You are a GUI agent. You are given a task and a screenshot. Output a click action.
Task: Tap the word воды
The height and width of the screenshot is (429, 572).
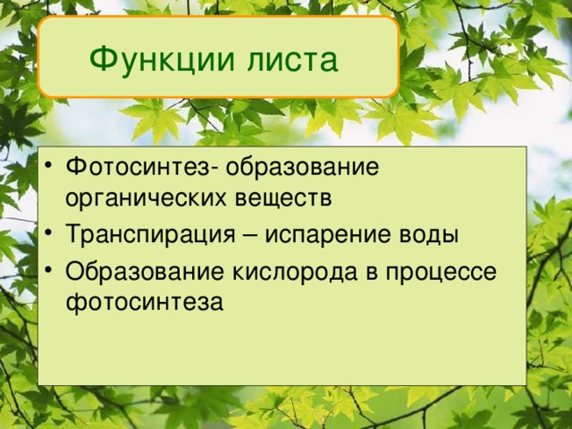[431, 235]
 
